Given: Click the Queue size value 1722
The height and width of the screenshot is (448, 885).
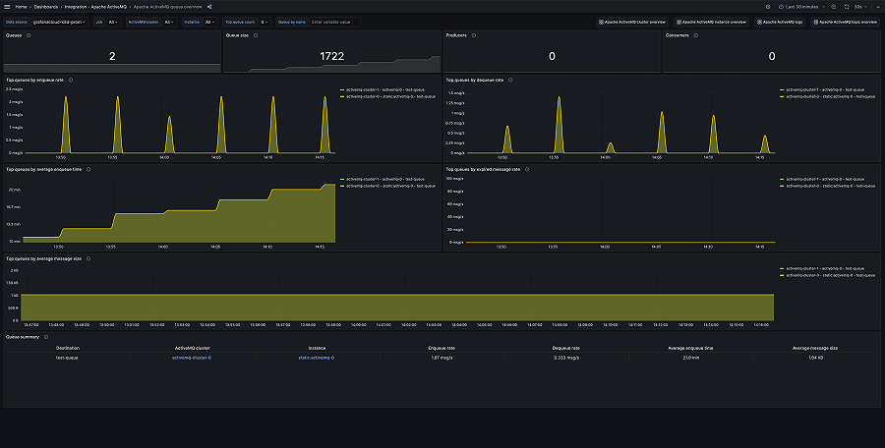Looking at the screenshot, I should click(x=331, y=57).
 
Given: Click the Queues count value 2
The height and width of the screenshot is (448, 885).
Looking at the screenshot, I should click(x=111, y=57).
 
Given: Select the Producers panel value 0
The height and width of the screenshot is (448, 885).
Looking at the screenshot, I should click(x=552, y=57).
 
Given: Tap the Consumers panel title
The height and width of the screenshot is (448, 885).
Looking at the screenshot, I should click(x=678, y=35).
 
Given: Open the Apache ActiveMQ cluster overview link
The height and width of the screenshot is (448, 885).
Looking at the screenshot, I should click(x=634, y=21).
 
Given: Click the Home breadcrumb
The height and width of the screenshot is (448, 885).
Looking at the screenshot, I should click(x=21, y=7).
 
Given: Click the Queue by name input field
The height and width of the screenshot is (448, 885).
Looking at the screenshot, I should click(x=333, y=21).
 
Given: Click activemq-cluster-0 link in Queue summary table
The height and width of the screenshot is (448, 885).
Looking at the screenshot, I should click(x=192, y=358).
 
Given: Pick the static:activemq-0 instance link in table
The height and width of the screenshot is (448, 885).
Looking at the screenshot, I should click(x=316, y=358).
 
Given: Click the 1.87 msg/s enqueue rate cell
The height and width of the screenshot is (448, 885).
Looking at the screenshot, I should click(x=442, y=358).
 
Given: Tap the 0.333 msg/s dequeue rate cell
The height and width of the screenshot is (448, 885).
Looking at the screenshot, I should click(x=566, y=358).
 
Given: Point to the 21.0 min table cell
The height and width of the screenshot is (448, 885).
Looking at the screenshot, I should click(x=691, y=358).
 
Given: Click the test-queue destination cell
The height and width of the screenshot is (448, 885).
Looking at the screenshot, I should click(x=67, y=358).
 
